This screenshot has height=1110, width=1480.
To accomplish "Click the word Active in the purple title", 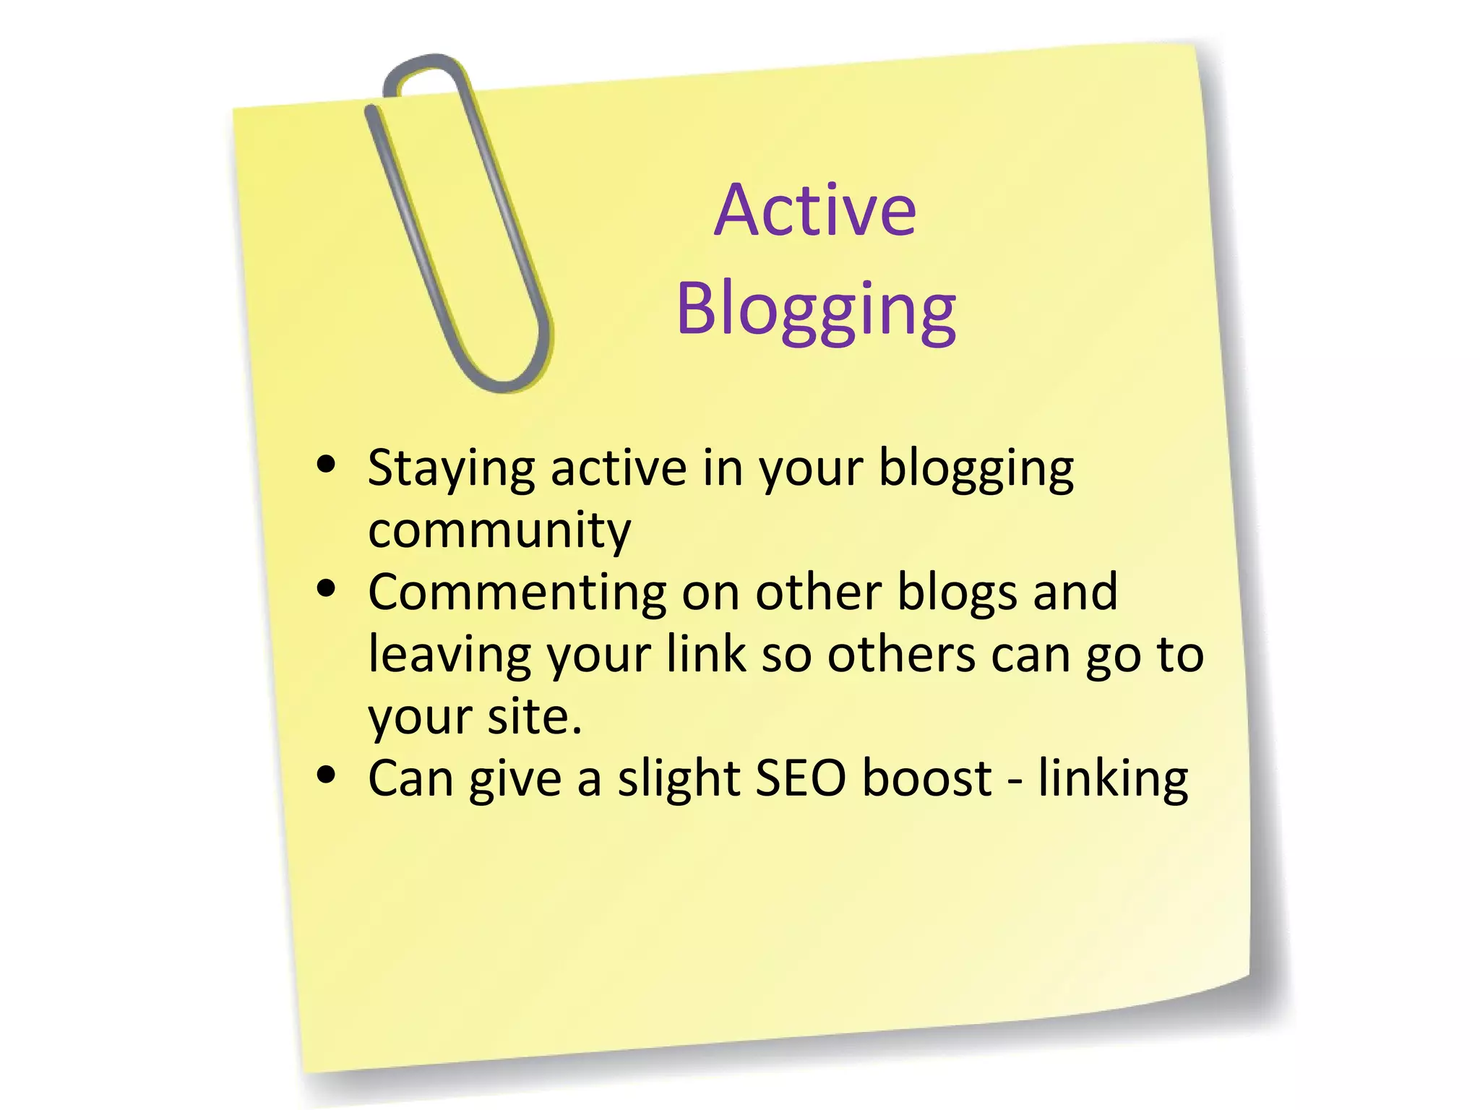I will click(815, 210).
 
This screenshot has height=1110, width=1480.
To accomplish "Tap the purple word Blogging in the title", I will click(817, 311).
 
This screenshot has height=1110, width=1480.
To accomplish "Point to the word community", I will click(499, 531).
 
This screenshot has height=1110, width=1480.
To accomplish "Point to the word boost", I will click(927, 779).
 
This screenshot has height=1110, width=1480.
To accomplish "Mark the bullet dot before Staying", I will click(327, 464).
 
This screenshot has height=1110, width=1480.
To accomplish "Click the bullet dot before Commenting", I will click(327, 588).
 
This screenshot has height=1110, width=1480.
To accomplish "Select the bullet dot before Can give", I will click(327, 775).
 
